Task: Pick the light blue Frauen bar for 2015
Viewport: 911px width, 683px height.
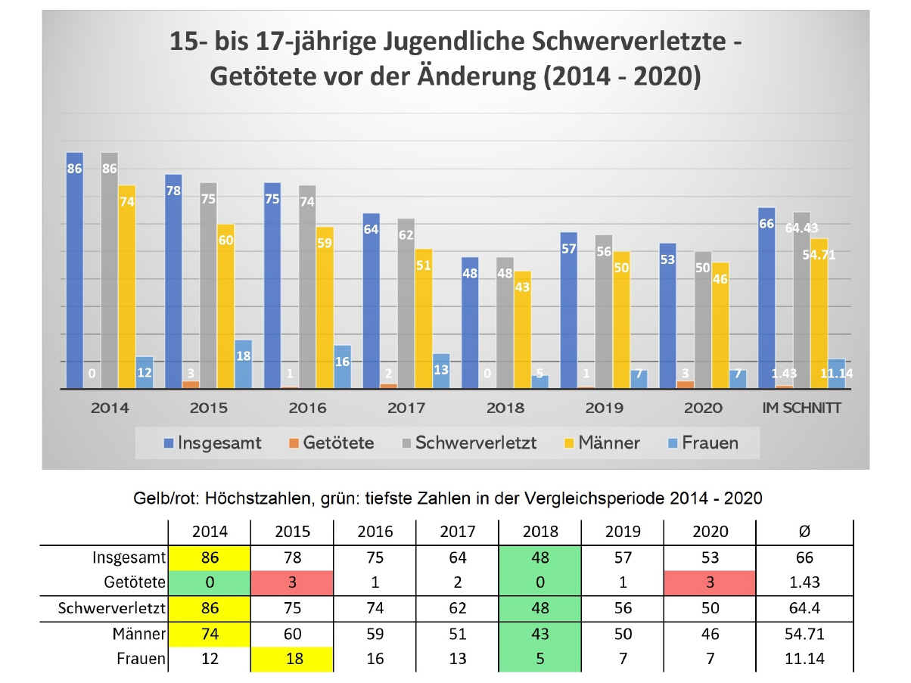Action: [x=243, y=364]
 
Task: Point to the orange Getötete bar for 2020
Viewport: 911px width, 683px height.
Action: [x=686, y=384]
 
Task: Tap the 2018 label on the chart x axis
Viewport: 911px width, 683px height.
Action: [x=505, y=408]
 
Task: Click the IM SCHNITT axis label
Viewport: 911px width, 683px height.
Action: [x=802, y=408]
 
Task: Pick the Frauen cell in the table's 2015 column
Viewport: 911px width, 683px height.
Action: [x=292, y=659]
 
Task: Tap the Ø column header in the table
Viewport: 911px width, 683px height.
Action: [x=804, y=531]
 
